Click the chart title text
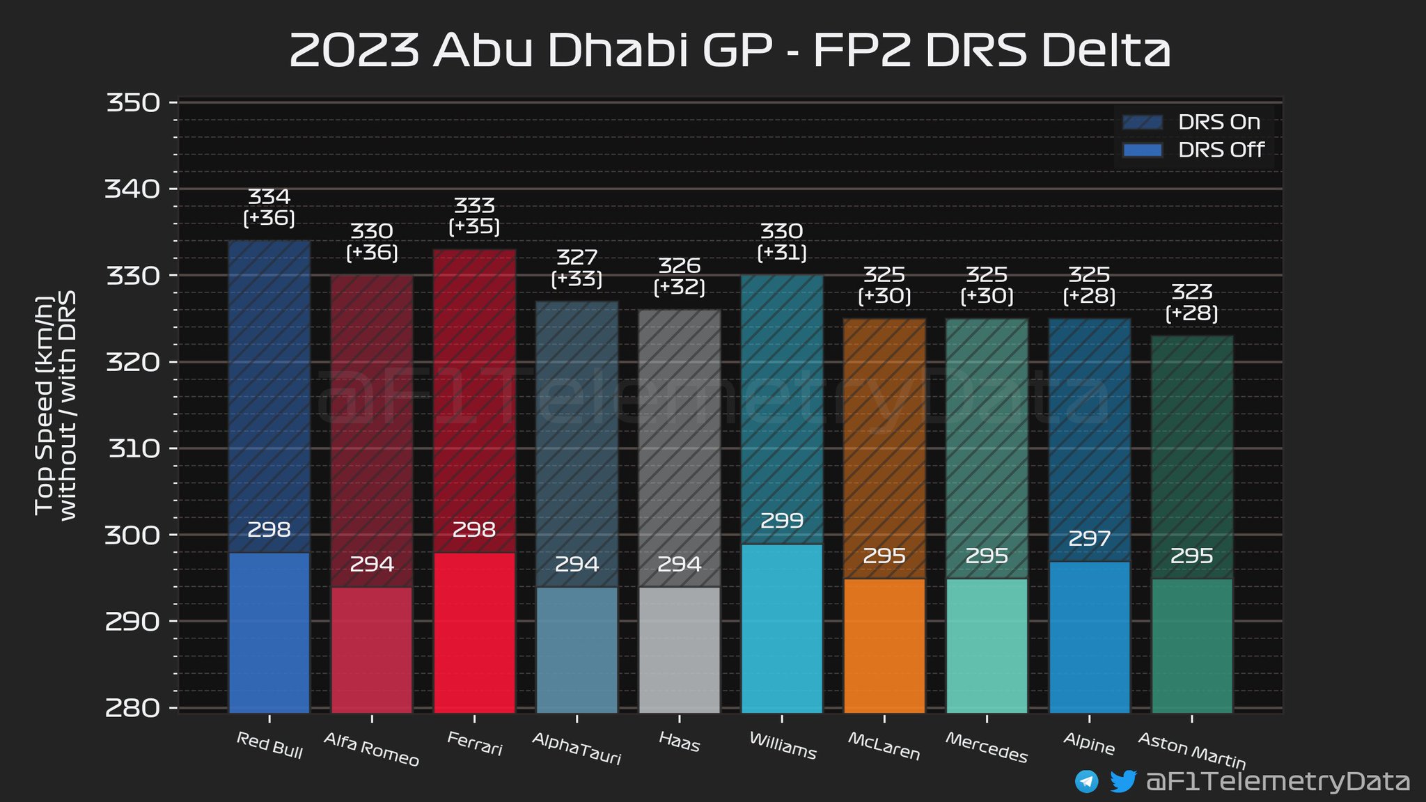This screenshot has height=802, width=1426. coord(729,50)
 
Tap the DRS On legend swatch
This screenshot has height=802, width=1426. coord(1142,123)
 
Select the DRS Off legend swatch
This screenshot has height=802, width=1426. coord(1142,150)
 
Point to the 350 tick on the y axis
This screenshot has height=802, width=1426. coord(133,103)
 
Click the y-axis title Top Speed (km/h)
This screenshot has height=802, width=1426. coord(45,406)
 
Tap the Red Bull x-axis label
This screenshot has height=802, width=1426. coord(269,745)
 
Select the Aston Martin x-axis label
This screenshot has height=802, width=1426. coord(1191,750)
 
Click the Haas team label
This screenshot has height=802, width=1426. coord(679,743)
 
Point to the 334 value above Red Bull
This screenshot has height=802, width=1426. coord(269,197)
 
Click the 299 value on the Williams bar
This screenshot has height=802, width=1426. coord(782,521)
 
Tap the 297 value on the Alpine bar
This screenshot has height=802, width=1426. coord(1089,538)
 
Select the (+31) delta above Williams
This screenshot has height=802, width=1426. coord(782,252)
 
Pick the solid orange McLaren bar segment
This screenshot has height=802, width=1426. coord(884,645)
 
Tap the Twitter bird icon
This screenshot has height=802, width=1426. coord(1122,781)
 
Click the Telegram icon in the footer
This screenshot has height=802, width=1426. coord(1086,781)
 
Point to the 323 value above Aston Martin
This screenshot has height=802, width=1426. coord(1192,292)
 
